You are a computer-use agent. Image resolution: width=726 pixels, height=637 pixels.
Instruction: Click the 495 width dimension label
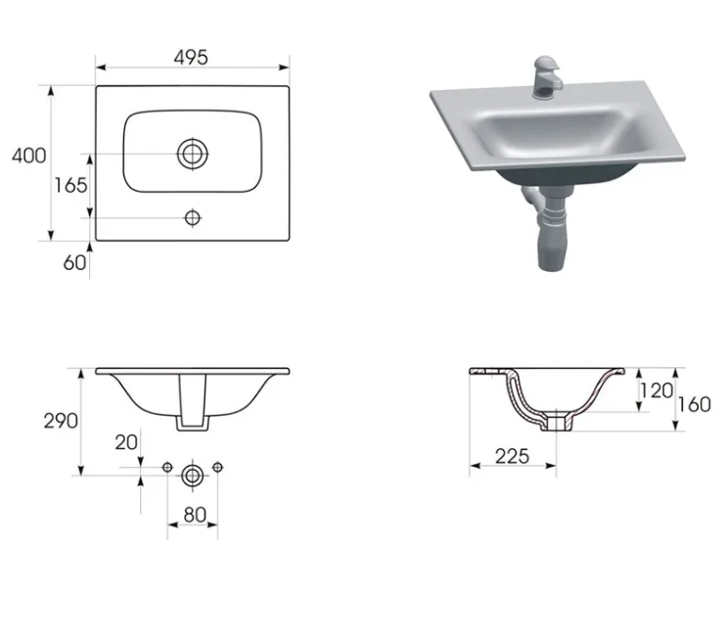[191, 58]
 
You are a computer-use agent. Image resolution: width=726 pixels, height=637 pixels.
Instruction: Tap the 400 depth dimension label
[28, 156]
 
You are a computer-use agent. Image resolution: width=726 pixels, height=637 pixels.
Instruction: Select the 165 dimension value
[70, 185]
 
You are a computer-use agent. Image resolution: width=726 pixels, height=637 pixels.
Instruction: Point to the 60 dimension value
[74, 263]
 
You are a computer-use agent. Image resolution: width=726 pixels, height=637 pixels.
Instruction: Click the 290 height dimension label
[61, 422]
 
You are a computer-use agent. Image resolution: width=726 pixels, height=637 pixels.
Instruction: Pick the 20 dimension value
[126, 442]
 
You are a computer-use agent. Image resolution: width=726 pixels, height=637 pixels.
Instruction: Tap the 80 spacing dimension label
[195, 515]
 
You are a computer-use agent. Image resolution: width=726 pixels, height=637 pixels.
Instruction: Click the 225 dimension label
[512, 456]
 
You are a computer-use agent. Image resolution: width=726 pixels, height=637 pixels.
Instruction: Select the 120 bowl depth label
[657, 391]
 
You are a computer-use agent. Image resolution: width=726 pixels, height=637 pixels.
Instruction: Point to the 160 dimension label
[694, 404]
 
